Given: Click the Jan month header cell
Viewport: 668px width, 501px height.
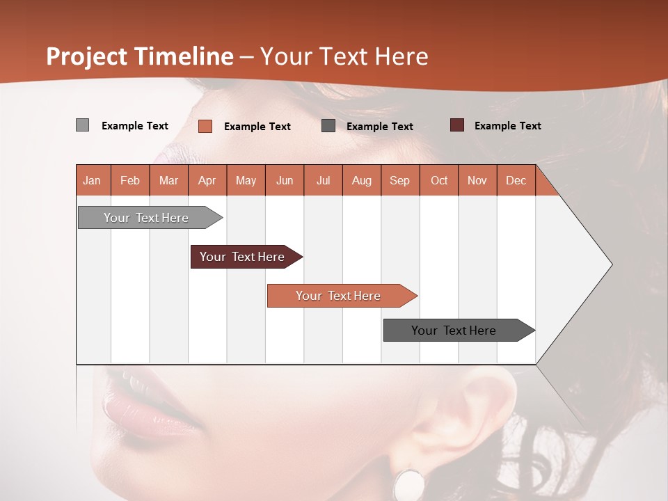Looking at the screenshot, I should (92, 180).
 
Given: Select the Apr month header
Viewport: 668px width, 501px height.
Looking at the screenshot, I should (207, 180).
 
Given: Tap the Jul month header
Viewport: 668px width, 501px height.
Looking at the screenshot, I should (323, 180).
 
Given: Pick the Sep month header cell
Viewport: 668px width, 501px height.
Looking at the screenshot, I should (399, 180).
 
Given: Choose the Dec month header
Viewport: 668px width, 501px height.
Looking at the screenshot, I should (516, 180).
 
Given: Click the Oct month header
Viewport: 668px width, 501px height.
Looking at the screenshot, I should (439, 180).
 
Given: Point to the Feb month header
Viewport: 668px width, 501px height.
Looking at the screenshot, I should (130, 180).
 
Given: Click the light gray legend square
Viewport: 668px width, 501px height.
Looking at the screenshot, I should (82, 125).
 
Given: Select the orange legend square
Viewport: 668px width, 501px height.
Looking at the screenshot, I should (205, 126).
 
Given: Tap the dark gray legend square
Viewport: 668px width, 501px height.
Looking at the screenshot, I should (328, 126).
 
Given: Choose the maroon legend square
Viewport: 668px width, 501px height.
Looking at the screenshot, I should (457, 125).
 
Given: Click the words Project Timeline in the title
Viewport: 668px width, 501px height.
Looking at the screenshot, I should (139, 56).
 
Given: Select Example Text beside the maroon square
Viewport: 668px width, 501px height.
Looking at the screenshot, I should (507, 126).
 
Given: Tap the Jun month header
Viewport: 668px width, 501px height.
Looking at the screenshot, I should (285, 180).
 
